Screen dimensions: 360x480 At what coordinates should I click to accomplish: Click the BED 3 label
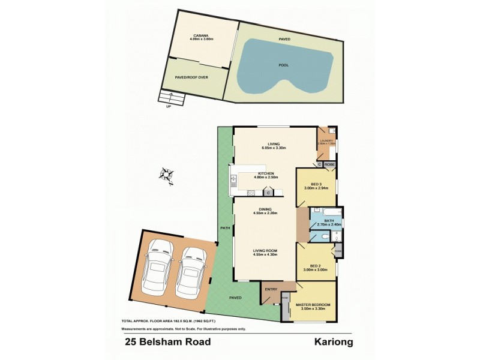pyautogui.click(x=316, y=184)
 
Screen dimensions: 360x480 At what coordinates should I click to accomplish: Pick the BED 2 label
pyautogui.click(x=316, y=266)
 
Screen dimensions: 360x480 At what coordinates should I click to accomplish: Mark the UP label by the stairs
pyautogui.click(x=169, y=107)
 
